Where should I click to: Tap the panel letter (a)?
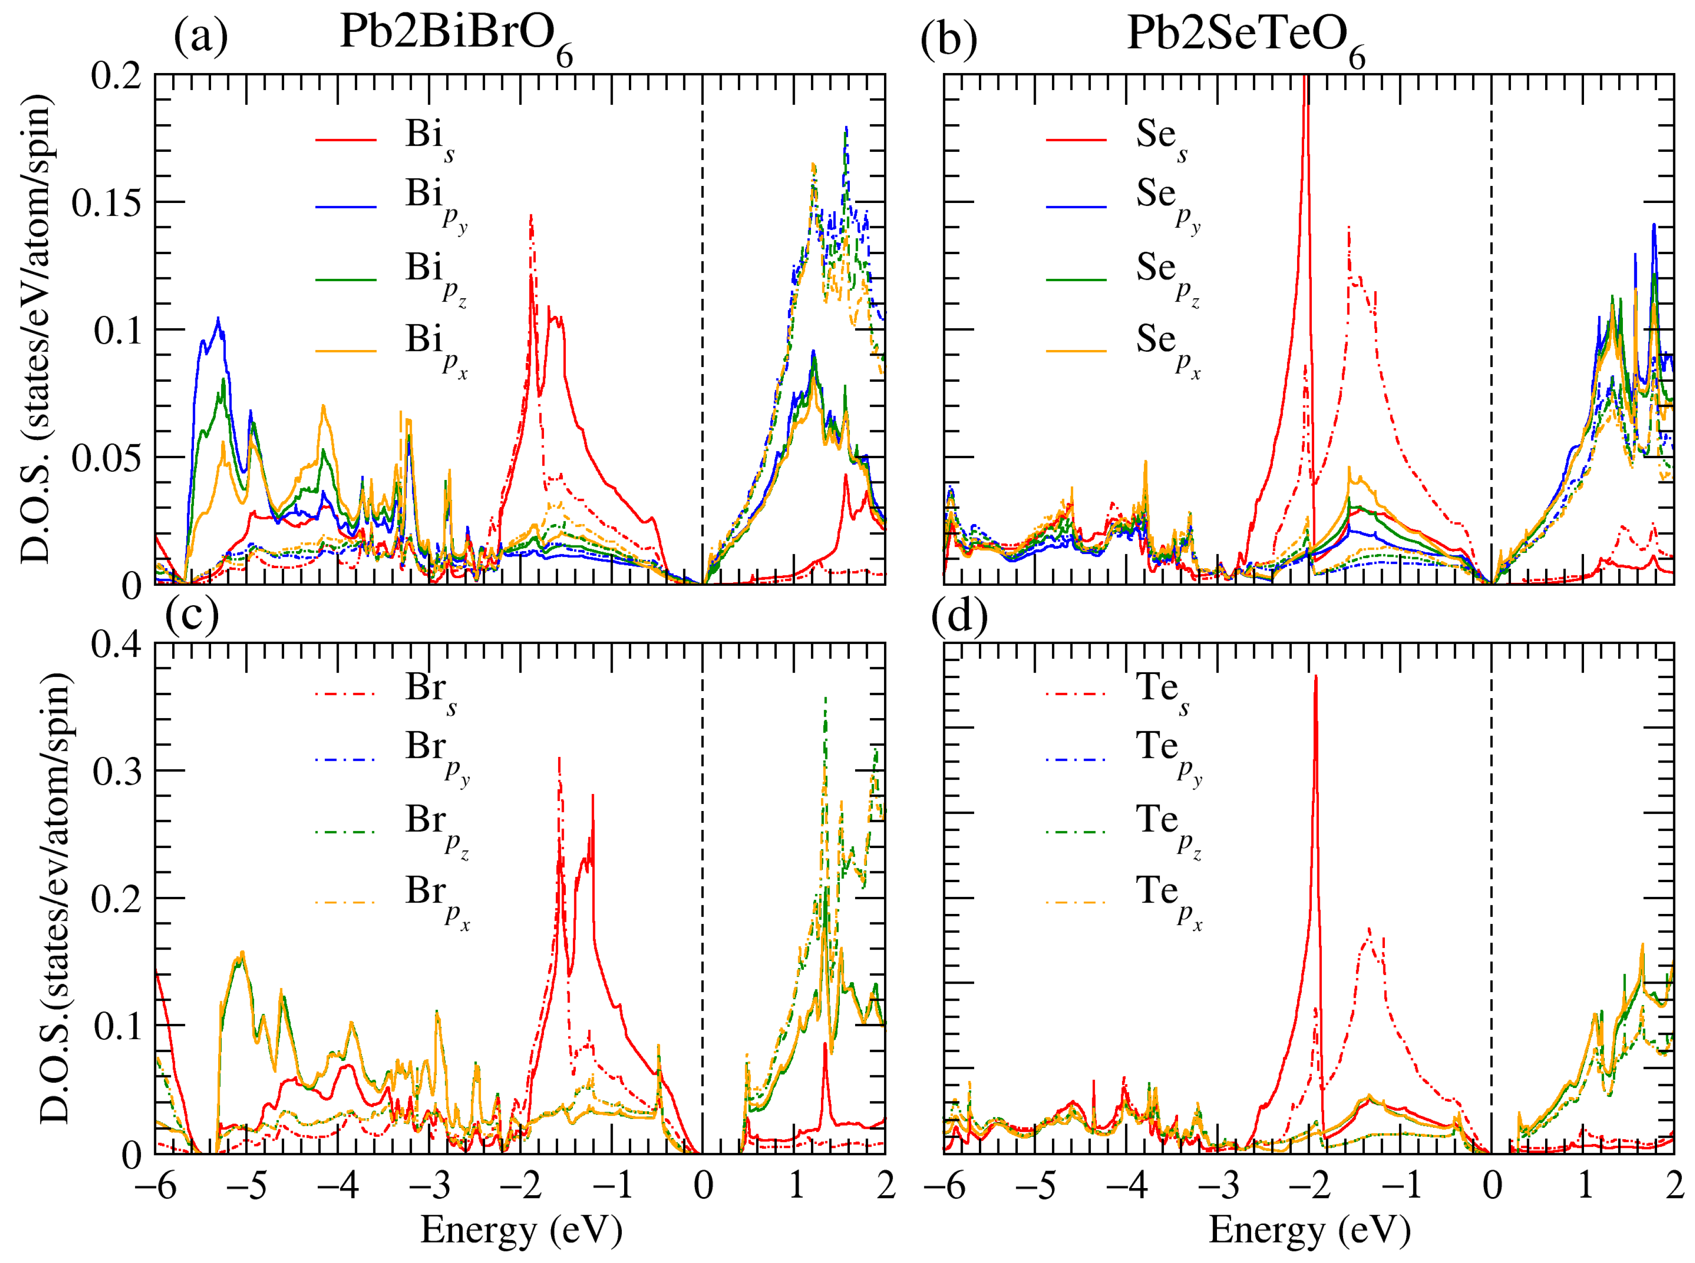pyautogui.click(x=200, y=36)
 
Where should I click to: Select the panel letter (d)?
pyautogui.click(x=959, y=616)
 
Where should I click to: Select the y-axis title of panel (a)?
pyautogui.click(x=37, y=329)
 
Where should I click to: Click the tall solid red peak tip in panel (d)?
pyautogui.click(x=1316, y=677)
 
